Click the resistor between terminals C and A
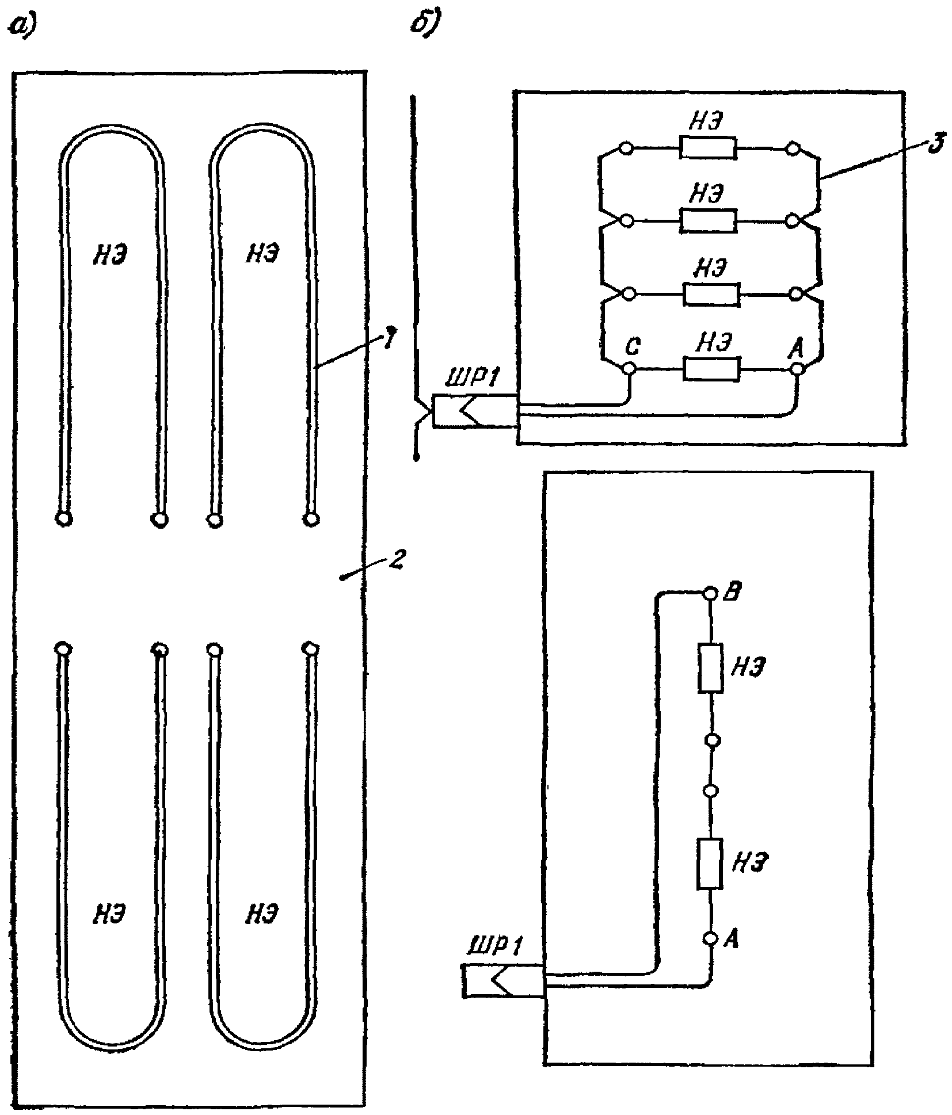(x=710, y=369)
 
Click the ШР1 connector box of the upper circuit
(x=475, y=411)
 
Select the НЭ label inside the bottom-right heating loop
(x=261, y=914)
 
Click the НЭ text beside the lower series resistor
(x=749, y=863)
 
